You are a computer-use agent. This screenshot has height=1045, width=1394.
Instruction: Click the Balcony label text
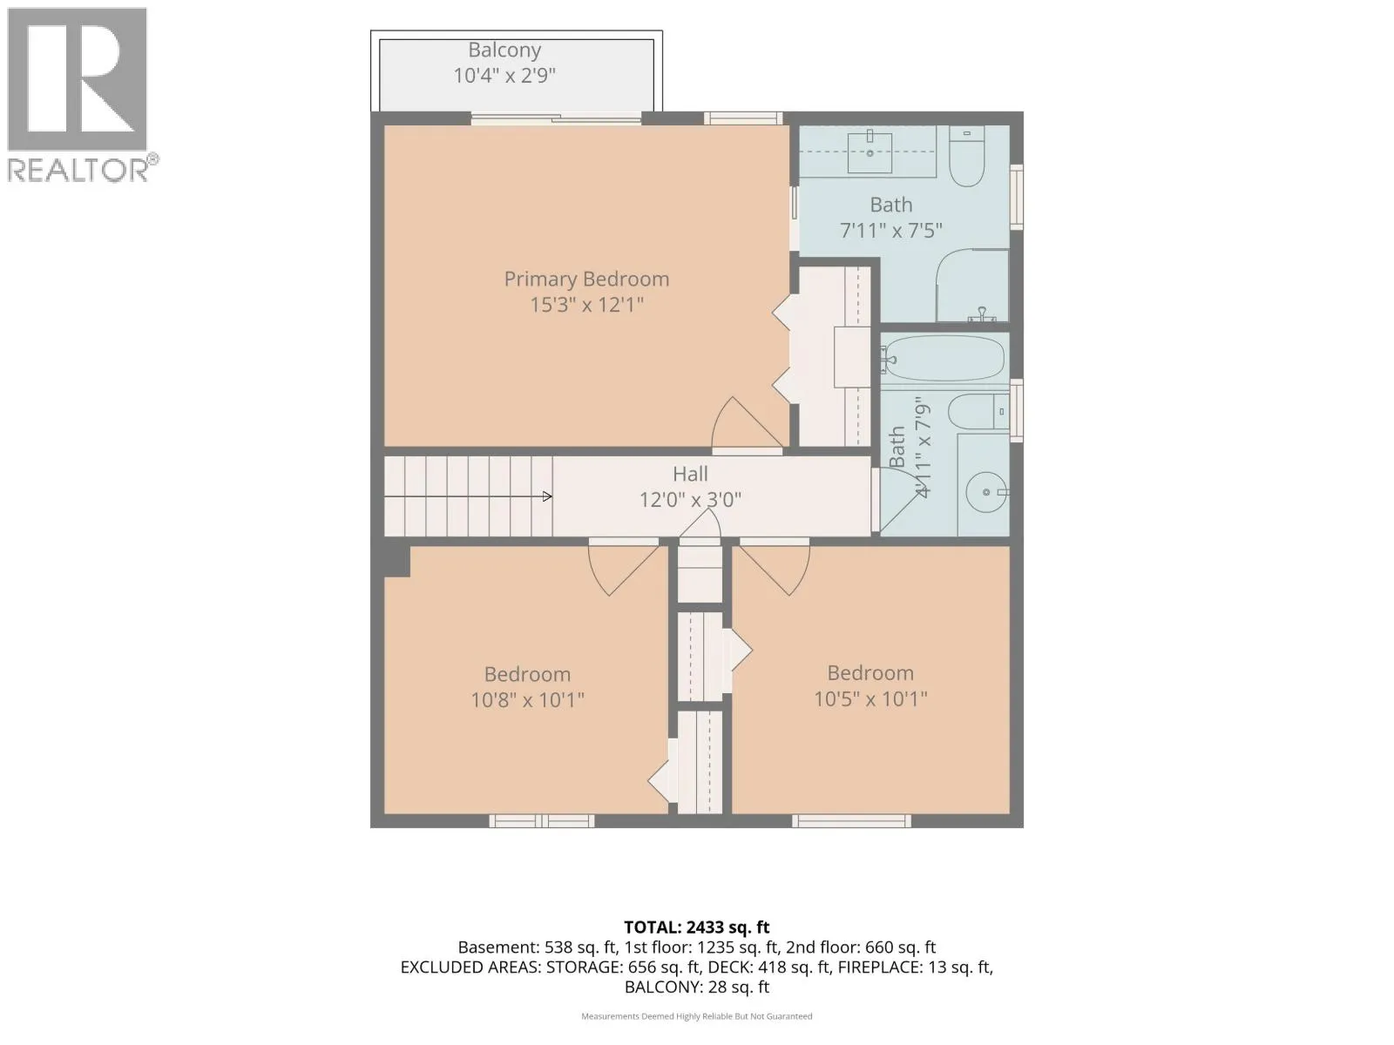click(x=504, y=51)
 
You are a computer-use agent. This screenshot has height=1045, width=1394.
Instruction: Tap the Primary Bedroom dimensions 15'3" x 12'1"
click(x=586, y=305)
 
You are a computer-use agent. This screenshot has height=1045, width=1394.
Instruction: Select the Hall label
click(x=690, y=474)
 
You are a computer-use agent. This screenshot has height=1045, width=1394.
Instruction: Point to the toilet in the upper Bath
click(x=966, y=156)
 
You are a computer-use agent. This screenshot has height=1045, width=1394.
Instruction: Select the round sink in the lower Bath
click(x=985, y=492)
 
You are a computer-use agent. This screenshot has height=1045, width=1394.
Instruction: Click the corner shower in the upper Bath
click(x=972, y=286)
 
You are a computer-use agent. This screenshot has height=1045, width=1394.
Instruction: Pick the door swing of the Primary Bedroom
click(x=744, y=424)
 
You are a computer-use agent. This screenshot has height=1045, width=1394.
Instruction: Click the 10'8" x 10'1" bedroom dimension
click(x=527, y=700)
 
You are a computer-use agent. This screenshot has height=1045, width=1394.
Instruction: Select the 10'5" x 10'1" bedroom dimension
click(x=870, y=699)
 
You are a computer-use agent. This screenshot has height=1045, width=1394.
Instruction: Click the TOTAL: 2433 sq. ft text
click(x=697, y=927)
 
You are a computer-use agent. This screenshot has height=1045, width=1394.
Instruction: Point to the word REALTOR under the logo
click(x=78, y=170)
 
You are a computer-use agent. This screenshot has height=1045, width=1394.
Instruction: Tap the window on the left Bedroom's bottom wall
click(x=542, y=821)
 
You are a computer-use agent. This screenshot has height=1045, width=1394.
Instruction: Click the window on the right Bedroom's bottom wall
click(x=851, y=821)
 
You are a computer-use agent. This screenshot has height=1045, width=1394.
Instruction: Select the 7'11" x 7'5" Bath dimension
click(x=890, y=231)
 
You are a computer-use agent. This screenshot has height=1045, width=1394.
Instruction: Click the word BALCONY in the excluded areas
click(x=658, y=988)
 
